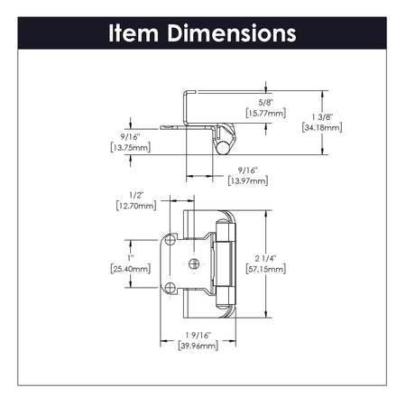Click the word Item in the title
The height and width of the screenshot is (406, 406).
coord(134,34)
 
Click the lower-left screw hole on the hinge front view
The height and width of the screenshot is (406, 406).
coord(171,287)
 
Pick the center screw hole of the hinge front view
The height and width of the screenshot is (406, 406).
coord(193,263)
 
